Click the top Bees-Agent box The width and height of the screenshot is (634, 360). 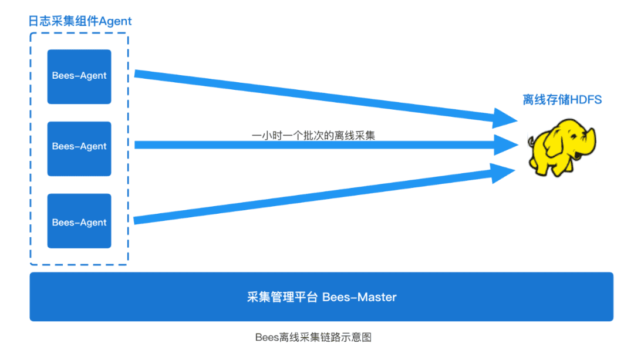[x=79, y=77]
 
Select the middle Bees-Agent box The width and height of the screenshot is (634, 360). [x=79, y=149]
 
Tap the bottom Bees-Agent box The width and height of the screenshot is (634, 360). [x=79, y=221]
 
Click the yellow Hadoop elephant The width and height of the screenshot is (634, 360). [x=562, y=147]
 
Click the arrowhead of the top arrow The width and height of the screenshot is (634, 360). [x=505, y=118]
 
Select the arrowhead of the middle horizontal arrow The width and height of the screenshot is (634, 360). [x=506, y=145]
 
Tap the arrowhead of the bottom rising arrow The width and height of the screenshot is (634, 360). [x=503, y=173]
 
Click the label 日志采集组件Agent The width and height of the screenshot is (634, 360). [x=80, y=21]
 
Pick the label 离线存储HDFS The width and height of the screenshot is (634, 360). [x=562, y=99]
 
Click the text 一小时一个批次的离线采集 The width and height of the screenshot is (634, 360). [x=313, y=136]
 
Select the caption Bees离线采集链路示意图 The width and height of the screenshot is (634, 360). [x=313, y=337]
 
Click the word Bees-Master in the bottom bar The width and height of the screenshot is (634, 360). [x=359, y=297]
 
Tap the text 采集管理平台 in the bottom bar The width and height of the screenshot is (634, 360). [x=282, y=297]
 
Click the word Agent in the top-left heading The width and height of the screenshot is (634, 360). [x=115, y=21]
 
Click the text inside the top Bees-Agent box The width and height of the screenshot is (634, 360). [x=79, y=76]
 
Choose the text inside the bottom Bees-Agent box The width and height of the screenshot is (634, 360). [x=79, y=223]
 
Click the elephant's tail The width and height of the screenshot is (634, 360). [x=531, y=142]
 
